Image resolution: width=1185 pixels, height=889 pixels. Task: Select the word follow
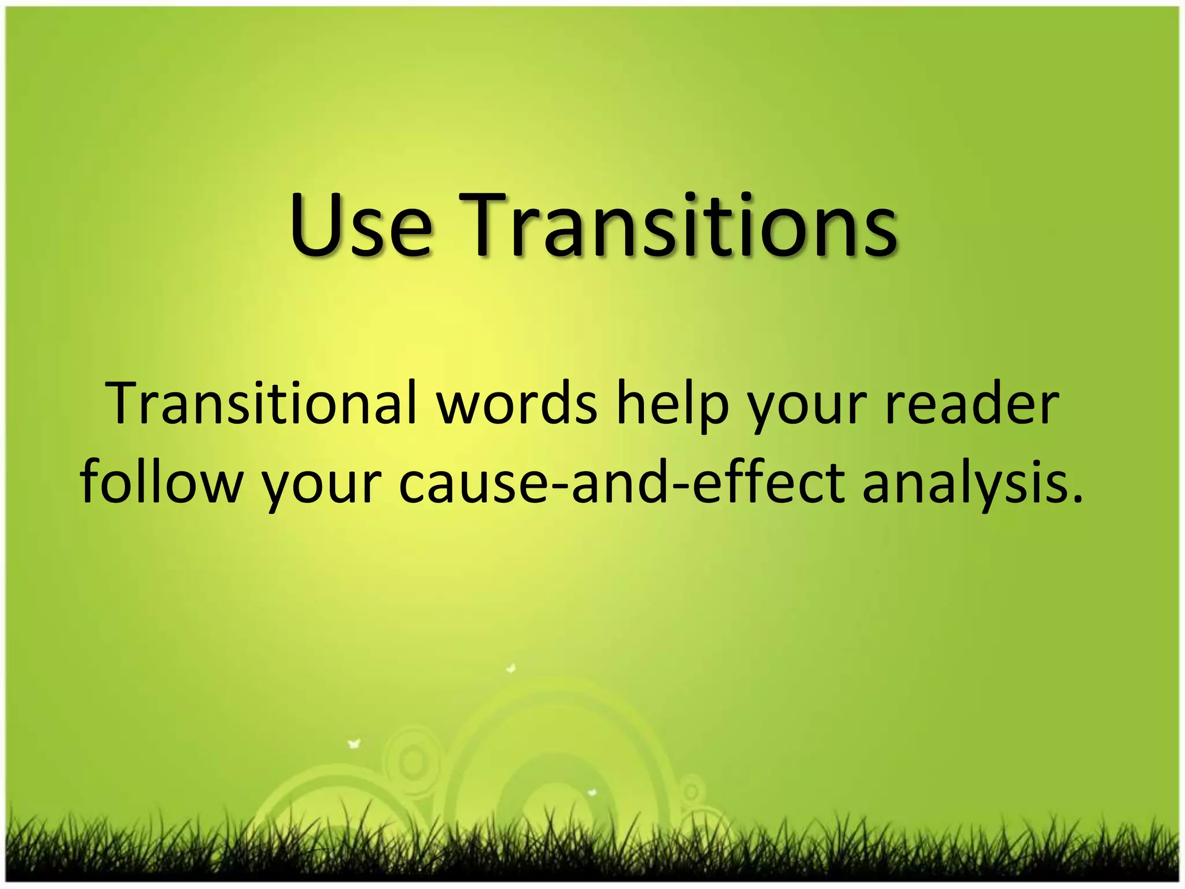(x=161, y=482)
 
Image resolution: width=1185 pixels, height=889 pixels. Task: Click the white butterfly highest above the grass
(x=511, y=669)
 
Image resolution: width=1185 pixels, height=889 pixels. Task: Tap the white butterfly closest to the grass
(x=591, y=792)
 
